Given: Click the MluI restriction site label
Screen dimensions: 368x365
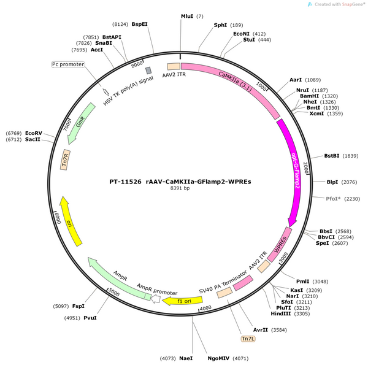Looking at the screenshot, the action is pos(187,16).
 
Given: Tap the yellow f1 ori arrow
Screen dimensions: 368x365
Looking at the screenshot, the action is pos(182,301).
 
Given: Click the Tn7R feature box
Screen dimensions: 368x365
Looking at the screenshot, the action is pos(65,159).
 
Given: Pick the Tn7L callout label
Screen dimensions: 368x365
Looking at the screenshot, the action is pos(248,339).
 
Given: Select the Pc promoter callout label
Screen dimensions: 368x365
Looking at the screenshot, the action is pos(68,64).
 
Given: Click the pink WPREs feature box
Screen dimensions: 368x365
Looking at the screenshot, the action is pos(280,244).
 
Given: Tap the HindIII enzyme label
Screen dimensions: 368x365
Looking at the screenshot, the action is pos(281,313).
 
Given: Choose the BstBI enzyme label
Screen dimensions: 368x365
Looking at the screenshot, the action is pos(332,156).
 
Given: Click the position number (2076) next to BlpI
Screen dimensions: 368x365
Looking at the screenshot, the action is pos(349,182).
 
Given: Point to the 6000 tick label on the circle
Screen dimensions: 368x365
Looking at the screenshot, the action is pos(58,218).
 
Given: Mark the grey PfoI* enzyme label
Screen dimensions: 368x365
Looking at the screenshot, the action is pos(333,199).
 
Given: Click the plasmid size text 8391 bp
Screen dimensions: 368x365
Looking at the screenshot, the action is pos(180,188).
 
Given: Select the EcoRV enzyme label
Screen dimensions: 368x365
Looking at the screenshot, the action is pos(34,133).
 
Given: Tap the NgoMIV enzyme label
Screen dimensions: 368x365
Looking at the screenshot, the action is pos(218,358).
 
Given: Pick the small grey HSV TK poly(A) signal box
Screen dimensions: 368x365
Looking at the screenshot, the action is pos(148,70).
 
